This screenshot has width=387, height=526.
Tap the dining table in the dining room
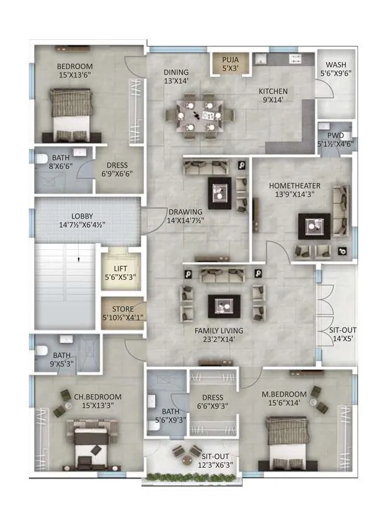point(200,115)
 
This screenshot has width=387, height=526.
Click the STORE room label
point(122,309)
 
